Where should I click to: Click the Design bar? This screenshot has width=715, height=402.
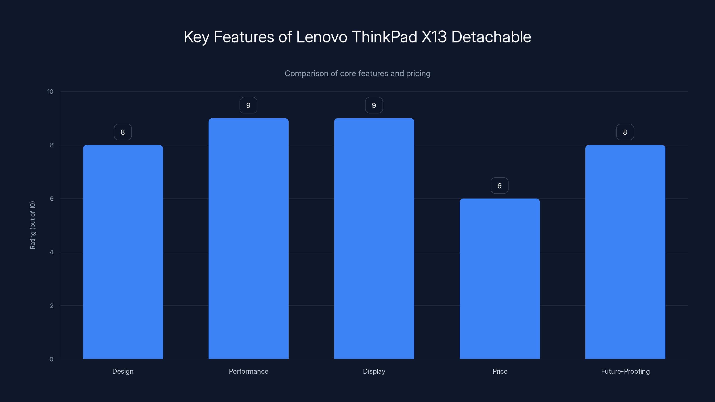(123, 252)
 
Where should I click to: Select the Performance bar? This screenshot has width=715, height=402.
(248, 239)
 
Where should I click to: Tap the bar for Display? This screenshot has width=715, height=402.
(374, 239)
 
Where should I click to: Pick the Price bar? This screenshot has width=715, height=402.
(500, 278)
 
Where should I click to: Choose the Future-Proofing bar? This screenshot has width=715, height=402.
(625, 252)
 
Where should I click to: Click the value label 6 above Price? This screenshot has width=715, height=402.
(499, 186)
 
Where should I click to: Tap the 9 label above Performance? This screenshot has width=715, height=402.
(248, 105)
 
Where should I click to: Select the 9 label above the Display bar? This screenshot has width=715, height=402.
(374, 105)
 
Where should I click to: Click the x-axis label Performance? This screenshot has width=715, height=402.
(248, 371)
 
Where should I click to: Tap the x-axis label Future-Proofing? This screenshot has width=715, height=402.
(625, 371)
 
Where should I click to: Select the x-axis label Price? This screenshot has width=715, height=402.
(500, 371)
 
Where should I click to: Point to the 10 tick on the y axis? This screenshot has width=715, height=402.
(50, 92)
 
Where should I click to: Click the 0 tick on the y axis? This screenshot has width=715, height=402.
(51, 359)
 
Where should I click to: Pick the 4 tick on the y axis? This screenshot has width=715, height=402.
(51, 252)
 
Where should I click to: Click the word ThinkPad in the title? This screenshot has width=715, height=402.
(384, 37)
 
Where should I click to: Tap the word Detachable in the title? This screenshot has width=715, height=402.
(491, 37)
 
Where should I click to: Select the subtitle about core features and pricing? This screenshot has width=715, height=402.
(357, 73)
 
